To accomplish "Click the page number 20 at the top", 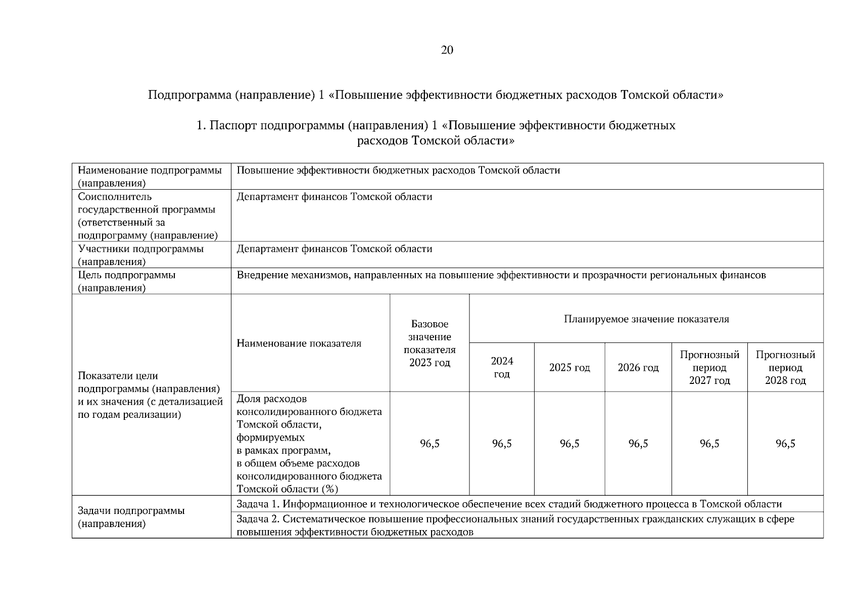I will point(447,50).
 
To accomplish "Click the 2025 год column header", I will point(569,368).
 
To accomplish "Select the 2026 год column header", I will point(638,368).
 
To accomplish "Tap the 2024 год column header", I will point(502,367).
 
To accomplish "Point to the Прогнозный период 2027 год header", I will point(709,368).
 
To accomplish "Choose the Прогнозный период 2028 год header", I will point(785,368).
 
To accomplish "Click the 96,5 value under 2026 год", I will point(638,444).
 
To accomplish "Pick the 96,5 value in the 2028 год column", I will point(785,444).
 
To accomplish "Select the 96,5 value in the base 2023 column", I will point(430,444).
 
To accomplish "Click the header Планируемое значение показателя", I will point(646,319).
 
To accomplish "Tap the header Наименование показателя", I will point(299,343).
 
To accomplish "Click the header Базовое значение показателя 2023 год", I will point(430,343).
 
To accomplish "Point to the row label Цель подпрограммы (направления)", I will point(127,281).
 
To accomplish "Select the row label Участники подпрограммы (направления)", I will point(140,255).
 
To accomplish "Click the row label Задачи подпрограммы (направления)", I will point(131,517).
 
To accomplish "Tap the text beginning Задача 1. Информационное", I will point(509,504).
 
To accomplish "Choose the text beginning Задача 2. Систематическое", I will point(515,525).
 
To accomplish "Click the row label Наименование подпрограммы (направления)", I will point(150,177).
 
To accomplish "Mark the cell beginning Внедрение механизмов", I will point(501,275).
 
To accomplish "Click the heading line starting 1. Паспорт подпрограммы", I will point(436,125).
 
